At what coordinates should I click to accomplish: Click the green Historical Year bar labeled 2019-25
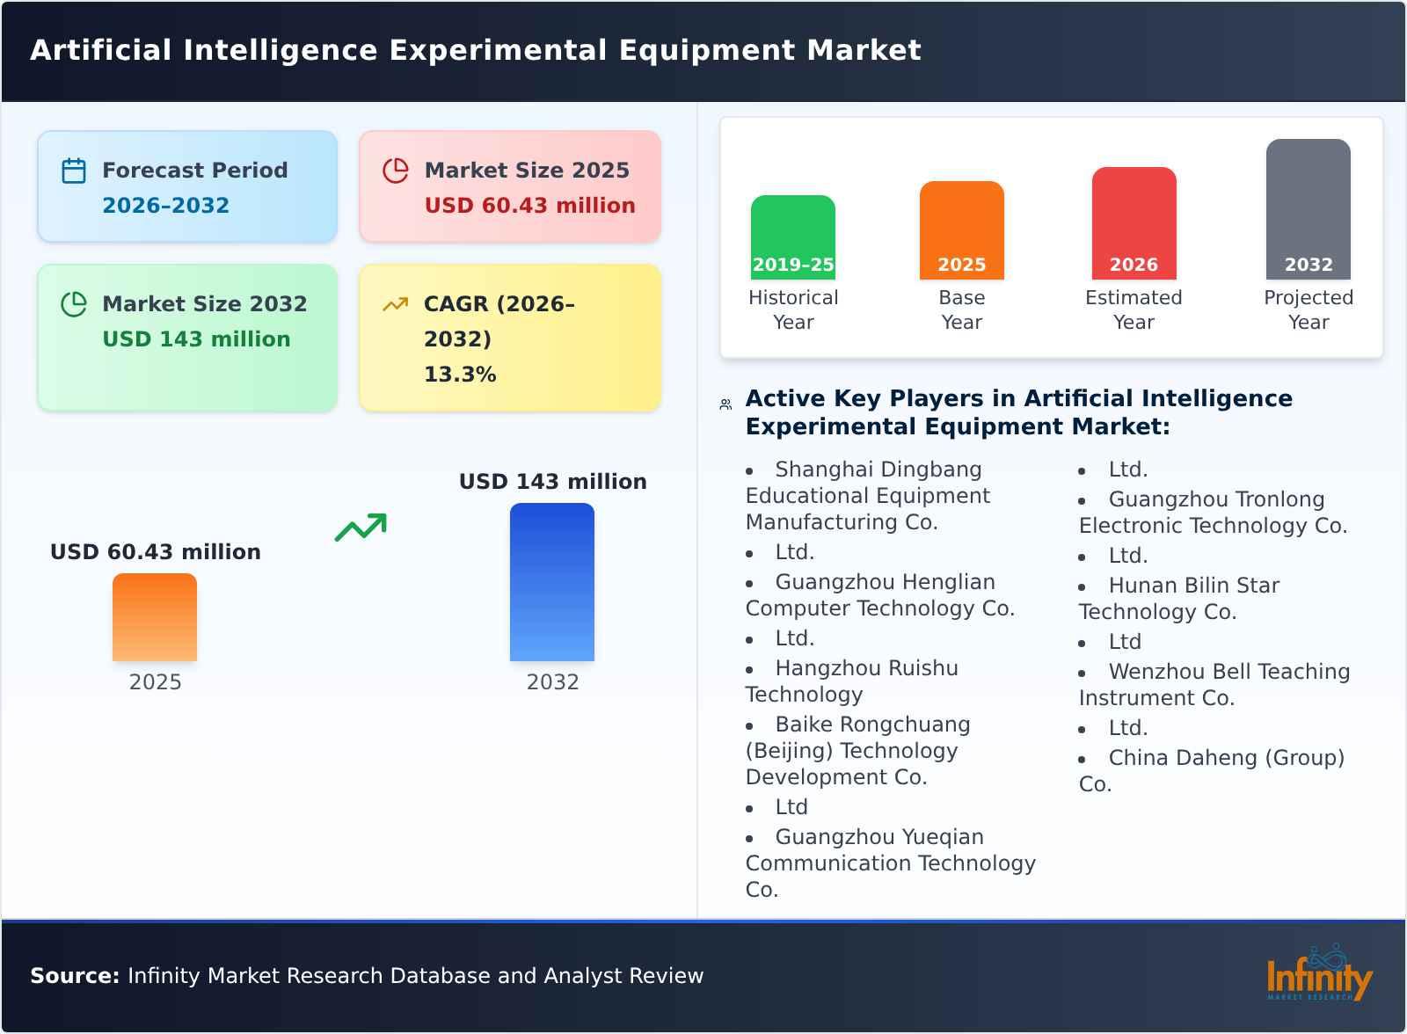(792, 237)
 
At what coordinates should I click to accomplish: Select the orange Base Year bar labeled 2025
(961, 230)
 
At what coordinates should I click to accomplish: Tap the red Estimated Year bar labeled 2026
(1134, 223)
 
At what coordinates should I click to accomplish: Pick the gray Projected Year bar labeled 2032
(1308, 209)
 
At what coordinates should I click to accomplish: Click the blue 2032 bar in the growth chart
(552, 582)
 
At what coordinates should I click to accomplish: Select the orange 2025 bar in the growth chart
(155, 617)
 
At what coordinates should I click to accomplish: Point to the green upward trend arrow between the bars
(361, 528)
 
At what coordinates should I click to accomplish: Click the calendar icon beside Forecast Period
(74, 171)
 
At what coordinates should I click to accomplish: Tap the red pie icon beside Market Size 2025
(396, 171)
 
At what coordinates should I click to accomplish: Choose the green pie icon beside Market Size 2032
(74, 304)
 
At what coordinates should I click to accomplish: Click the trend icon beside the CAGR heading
(396, 304)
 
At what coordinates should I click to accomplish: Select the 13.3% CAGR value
(460, 375)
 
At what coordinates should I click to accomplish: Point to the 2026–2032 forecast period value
(165, 206)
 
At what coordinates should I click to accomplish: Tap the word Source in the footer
(74, 976)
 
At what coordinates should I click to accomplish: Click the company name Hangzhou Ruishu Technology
(851, 681)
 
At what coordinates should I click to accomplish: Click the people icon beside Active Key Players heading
(725, 404)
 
